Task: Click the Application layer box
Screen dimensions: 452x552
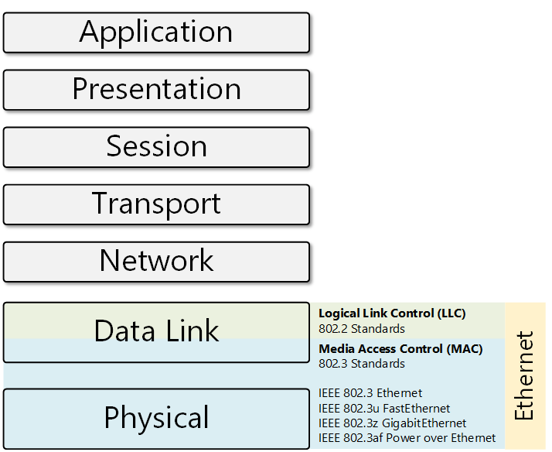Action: click(156, 32)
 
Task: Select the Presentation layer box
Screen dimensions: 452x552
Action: click(156, 89)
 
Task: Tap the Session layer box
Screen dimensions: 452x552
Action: click(156, 146)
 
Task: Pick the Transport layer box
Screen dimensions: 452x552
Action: click(156, 204)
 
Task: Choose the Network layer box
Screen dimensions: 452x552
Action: click(156, 261)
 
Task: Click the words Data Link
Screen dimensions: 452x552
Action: click(156, 331)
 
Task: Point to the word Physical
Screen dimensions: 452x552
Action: click(156, 418)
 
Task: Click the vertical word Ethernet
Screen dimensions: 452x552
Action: click(525, 376)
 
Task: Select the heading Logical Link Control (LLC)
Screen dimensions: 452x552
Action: click(398, 313)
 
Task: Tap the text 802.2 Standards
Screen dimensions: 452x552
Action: click(361, 328)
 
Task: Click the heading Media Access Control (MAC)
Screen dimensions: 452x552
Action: click(400, 349)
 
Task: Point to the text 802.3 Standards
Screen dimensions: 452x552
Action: click(361, 364)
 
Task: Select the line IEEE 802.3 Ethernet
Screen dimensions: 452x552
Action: click(370, 393)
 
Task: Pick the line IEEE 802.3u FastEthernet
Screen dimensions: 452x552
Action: click(384, 408)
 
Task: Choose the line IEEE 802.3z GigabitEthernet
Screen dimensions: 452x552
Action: click(392, 423)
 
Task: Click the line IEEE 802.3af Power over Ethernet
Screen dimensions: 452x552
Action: click(407, 438)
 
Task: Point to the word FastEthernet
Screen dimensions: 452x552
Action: click(417, 408)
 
